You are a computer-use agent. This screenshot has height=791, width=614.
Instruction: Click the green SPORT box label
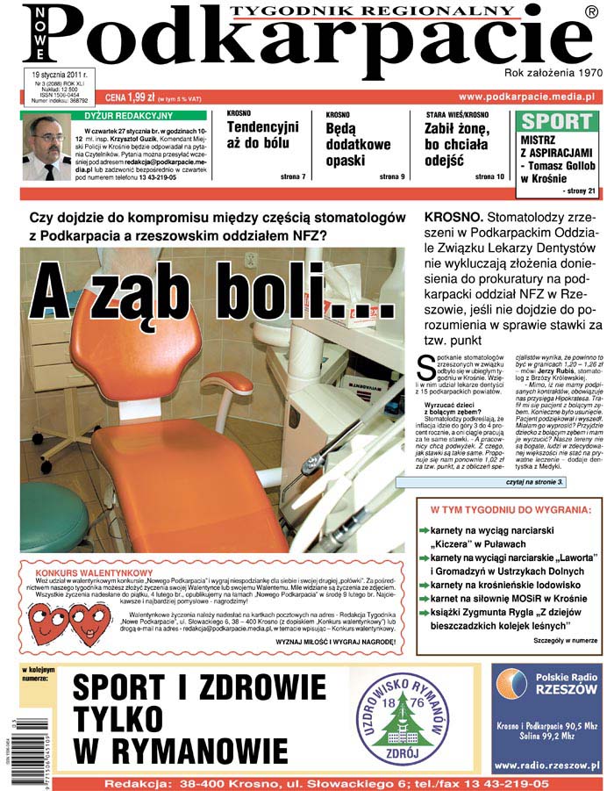tap(556, 122)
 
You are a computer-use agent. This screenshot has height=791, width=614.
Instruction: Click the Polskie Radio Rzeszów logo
tap(546, 690)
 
